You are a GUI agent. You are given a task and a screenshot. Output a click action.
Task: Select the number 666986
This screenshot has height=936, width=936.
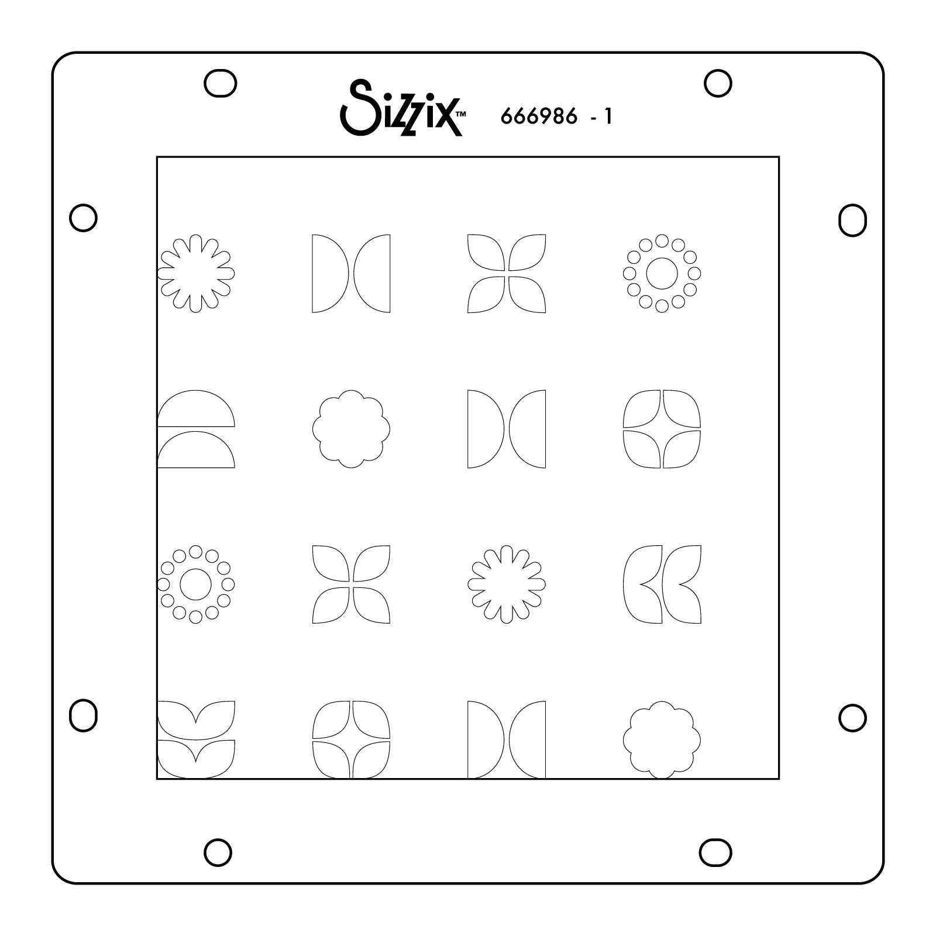click(539, 117)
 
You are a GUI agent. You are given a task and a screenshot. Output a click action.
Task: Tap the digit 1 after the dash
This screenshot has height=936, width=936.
click(608, 117)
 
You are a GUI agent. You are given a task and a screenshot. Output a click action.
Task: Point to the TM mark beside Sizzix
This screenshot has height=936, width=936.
click(460, 115)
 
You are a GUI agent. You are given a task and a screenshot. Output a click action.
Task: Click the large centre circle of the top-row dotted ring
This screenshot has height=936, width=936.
click(662, 273)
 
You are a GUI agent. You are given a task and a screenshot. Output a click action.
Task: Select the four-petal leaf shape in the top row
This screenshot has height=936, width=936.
click(507, 273)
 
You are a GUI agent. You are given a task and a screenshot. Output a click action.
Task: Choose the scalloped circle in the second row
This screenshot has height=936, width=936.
click(351, 429)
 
